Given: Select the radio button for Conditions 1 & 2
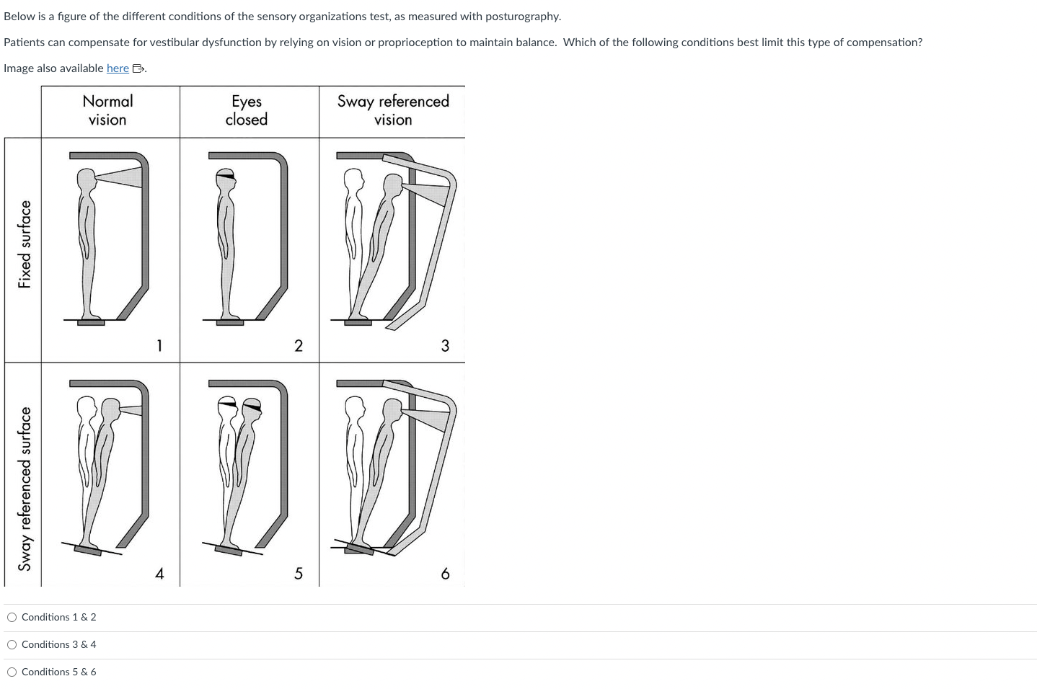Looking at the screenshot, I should point(12,617).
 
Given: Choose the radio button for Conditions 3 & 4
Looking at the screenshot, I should point(12,644).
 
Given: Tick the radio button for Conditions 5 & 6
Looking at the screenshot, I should point(12,672).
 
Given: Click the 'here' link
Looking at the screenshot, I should point(118,68).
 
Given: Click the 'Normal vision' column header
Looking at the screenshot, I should point(107,110).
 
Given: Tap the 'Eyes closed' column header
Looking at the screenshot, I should point(246,110).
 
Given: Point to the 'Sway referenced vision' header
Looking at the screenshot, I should point(393,110).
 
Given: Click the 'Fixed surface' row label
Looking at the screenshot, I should point(25,244).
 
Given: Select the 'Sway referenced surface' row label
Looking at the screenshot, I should point(25,489).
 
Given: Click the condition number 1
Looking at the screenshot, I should point(159,346).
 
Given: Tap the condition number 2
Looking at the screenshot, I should point(299,346).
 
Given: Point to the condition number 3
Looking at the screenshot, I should point(445,346).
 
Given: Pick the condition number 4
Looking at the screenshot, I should point(159,574).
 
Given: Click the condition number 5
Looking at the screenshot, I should point(299,574).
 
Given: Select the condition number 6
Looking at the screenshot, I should point(445,574).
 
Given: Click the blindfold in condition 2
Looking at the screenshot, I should point(226,174).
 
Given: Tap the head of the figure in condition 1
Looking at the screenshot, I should point(87,177).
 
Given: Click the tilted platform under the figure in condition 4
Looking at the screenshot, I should point(88,551).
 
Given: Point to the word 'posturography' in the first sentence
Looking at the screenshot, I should point(524,16).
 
